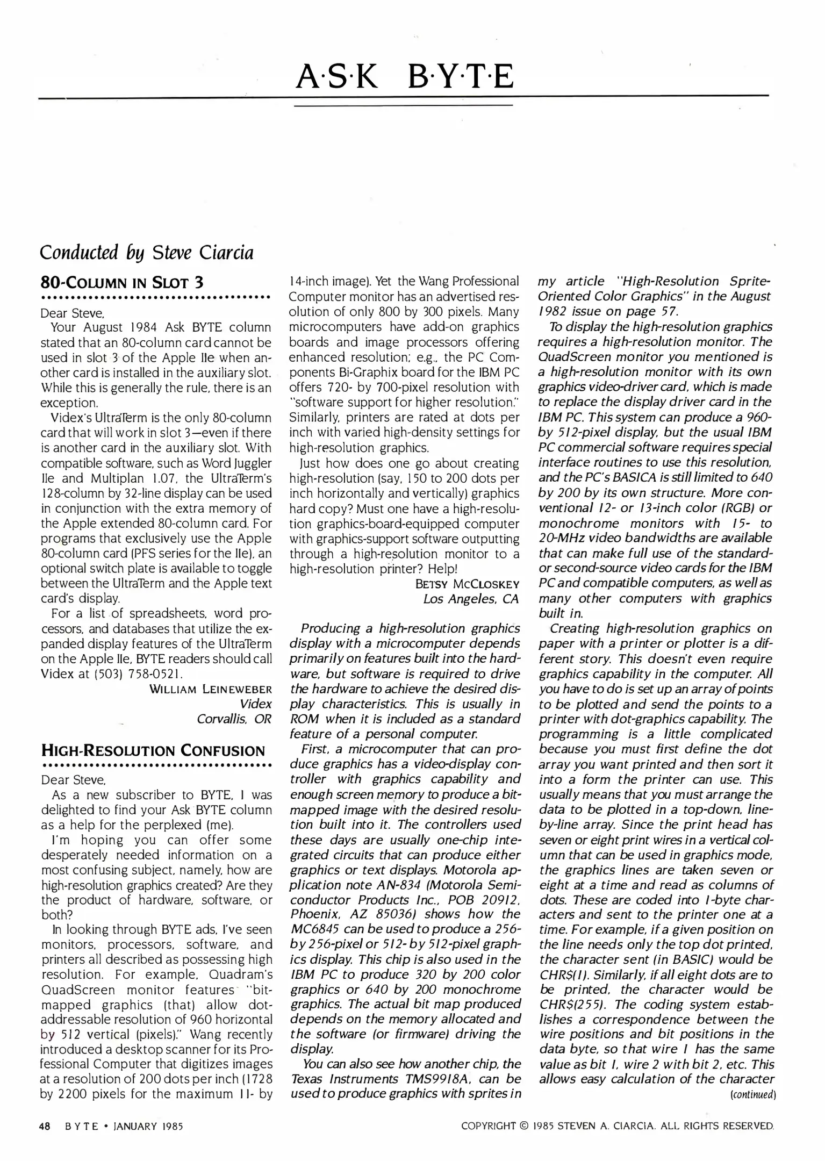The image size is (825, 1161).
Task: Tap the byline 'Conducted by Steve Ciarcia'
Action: (x=147, y=252)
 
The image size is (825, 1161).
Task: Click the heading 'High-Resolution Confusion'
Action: (x=153, y=750)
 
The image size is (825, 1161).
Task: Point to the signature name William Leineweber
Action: (x=210, y=689)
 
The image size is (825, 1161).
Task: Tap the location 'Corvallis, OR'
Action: (x=234, y=719)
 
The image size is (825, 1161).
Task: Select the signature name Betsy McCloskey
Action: (x=467, y=584)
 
